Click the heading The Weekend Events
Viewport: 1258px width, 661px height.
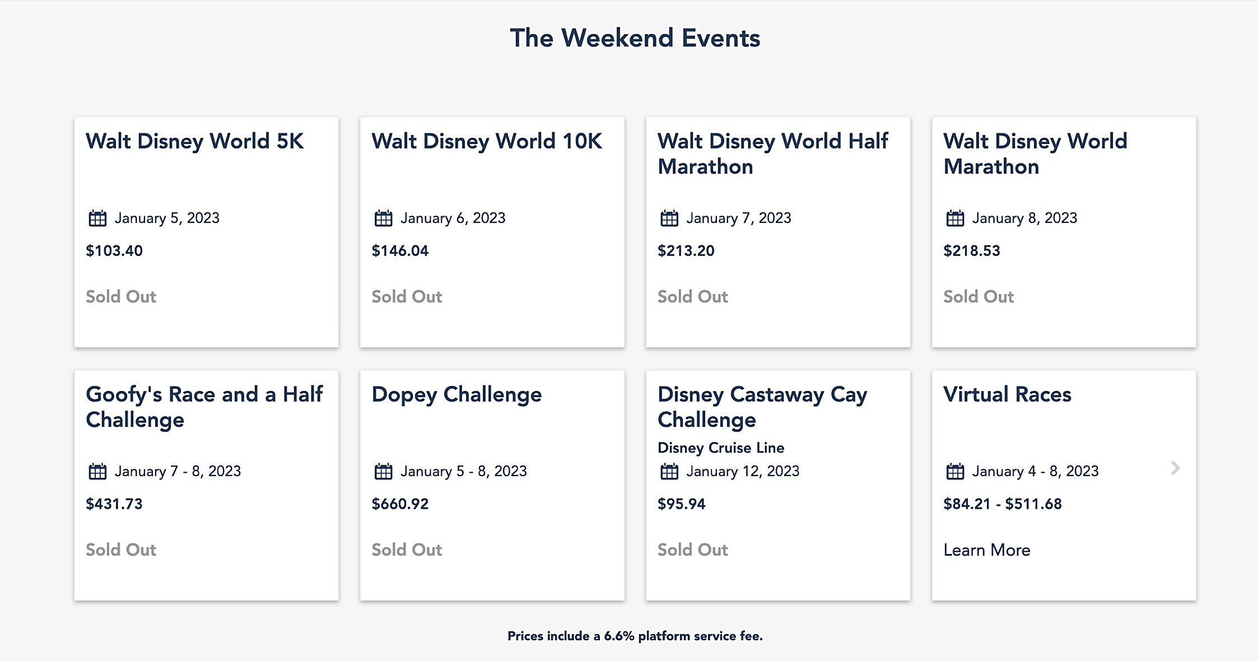(635, 38)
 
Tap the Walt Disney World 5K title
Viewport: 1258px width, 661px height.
(194, 141)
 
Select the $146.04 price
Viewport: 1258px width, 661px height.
(400, 250)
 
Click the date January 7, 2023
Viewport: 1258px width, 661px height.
(738, 218)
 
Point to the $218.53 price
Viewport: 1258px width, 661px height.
(971, 250)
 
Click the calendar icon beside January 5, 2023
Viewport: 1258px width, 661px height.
(97, 218)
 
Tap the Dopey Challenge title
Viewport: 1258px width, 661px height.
(456, 394)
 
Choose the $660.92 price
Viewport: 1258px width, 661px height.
(400, 504)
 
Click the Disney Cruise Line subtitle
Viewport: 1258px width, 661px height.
(720, 448)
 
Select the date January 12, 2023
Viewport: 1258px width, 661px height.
(743, 471)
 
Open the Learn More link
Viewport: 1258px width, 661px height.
(986, 550)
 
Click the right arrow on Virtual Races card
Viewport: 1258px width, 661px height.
(1175, 468)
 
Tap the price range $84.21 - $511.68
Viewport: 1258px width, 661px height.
(1002, 504)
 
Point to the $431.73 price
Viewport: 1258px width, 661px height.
(114, 504)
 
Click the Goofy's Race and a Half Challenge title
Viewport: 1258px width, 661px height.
(204, 407)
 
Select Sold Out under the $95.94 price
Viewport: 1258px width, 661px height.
(692, 550)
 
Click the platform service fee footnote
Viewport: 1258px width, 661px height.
(635, 636)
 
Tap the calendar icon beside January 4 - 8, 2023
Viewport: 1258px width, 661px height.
(955, 471)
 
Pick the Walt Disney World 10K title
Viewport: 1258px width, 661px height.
(487, 141)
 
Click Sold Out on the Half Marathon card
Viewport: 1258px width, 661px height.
(692, 296)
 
